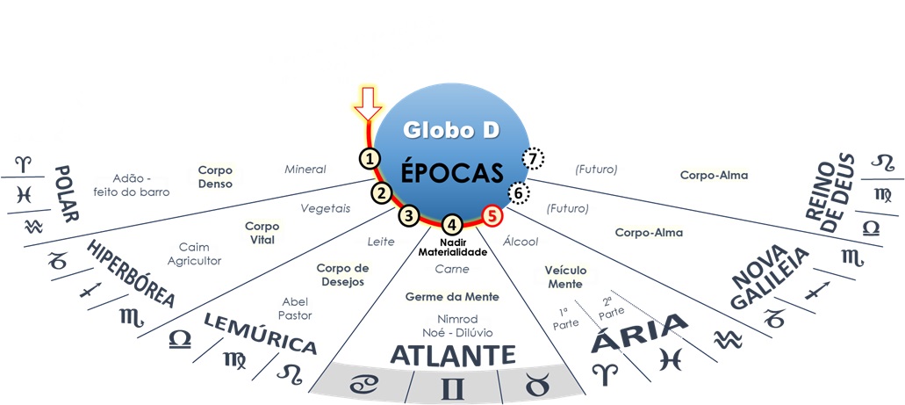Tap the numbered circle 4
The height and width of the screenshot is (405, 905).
(451, 224)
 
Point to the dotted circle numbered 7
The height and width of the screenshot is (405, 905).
(533, 159)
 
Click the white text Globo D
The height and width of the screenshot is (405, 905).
(451, 130)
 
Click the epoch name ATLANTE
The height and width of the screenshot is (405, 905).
(452, 356)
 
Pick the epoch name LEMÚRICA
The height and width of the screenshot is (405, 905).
(259, 332)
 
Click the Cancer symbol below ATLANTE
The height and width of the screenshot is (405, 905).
(363, 384)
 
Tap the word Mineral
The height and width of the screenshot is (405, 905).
(305, 169)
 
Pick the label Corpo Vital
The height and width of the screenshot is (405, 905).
(262, 232)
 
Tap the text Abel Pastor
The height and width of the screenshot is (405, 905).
(297, 307)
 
